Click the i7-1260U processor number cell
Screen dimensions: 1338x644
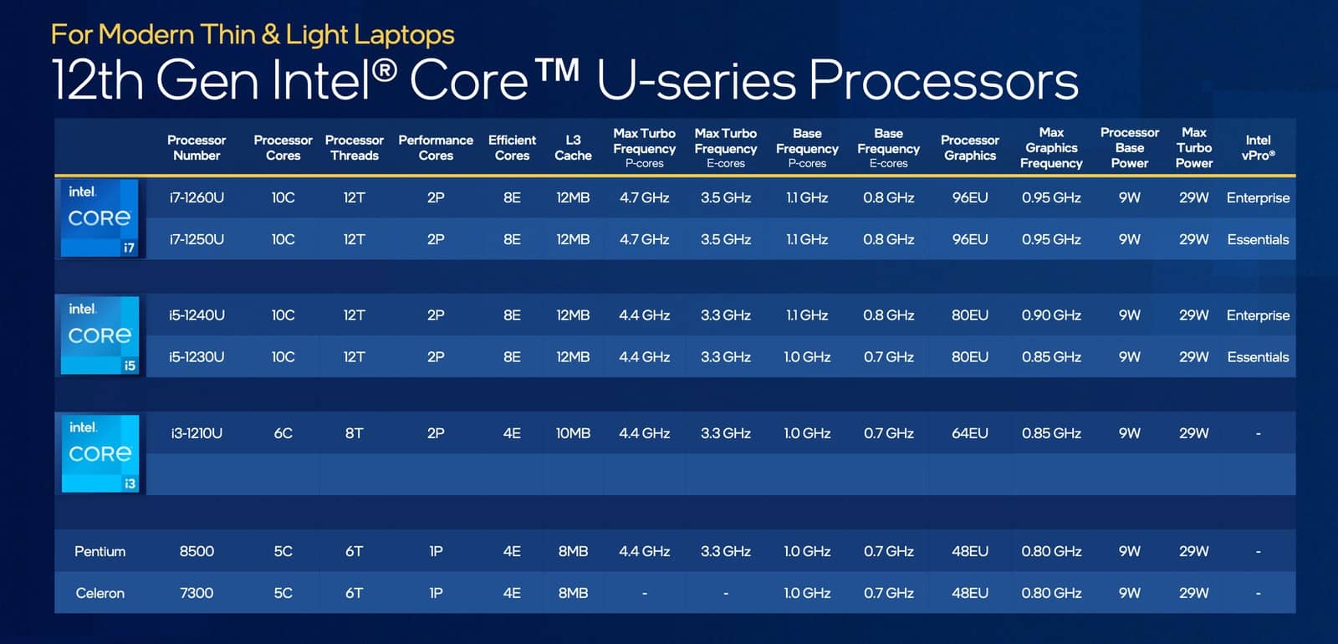point(197,197)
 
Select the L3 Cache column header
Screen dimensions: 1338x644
point(573,147)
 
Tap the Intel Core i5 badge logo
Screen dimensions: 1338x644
point(100,335)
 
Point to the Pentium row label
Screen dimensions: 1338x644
point(100,551)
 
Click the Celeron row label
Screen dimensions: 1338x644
point(100,593)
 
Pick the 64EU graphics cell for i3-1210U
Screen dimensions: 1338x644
point(969,434)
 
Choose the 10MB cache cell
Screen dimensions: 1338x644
point(573,434)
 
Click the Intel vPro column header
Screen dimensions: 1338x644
point(1258,147)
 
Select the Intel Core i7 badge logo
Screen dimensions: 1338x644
point(100,218)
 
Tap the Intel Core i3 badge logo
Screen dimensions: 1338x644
point(100,453)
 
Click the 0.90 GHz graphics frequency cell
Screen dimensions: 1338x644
point(1051,315)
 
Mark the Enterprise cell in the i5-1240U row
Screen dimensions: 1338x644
point(1258,315)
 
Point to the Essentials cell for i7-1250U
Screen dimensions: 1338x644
point(1258,239)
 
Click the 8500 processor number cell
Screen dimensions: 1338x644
point(197,551)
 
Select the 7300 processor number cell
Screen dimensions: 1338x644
point(197,593)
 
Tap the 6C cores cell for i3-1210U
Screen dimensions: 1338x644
point(283,434)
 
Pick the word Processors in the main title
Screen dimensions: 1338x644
point(944,80)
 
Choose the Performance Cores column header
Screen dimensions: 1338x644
point(436,147)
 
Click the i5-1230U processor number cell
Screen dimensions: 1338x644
point(197,357)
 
